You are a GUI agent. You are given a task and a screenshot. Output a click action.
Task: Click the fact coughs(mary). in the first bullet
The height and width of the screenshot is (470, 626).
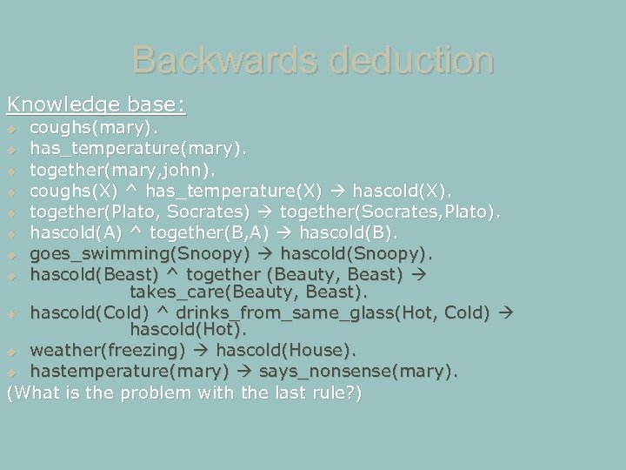(84, 128)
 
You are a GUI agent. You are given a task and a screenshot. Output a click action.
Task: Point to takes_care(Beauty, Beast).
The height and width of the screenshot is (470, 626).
(248, 292)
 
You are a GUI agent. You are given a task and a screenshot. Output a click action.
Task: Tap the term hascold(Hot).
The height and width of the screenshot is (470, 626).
(188, 330)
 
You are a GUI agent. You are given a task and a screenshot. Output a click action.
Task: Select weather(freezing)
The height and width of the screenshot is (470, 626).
(108, 350)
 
